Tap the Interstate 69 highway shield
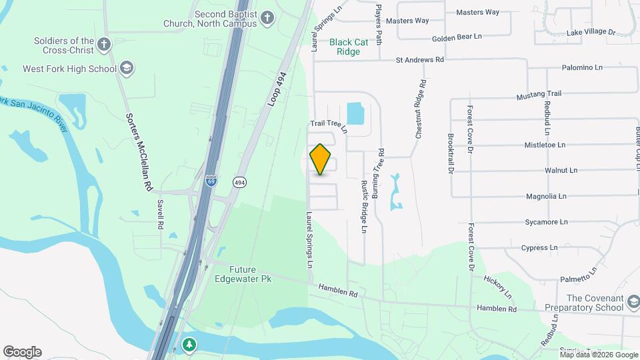tap(211, 181)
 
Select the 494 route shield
tap(239, 181)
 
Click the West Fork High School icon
tap(127, 68)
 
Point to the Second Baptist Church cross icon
tap(267, 17)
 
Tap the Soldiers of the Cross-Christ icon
tap(103, 45)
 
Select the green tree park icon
tap(190, 345)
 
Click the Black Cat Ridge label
tap(349, 46)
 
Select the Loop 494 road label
tap(280, 89)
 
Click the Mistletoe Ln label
tap(545, 145)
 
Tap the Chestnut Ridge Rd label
tap(421, 110)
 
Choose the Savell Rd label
tap(160, 215)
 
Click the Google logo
tap(22, 352)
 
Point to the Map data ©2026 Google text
tap(599, 355)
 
